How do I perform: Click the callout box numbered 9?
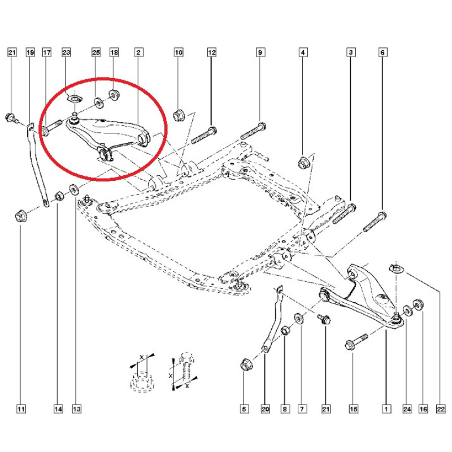[260, 53]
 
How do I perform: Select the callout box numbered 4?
[303, 53]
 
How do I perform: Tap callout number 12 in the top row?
[212, 53]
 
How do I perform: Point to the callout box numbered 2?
[138, 53]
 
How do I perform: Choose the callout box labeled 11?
[21, 408]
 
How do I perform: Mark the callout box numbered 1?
[386, 408]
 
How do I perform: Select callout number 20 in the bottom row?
[264, 408]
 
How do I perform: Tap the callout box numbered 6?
[383, 53]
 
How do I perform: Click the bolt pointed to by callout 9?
[253, 131]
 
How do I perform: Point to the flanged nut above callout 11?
[19, 215]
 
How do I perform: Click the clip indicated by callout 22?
[395, 267]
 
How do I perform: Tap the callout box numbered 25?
[95, 53]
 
